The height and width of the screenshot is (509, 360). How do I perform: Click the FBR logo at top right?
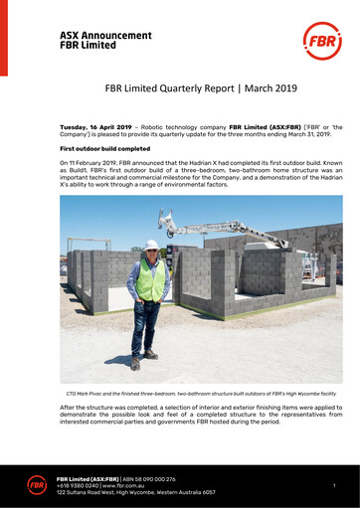click(x=321, y=42)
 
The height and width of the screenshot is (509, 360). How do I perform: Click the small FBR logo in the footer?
click(x=38, y=484)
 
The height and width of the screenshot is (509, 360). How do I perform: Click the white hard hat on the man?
click(x=151, y=244)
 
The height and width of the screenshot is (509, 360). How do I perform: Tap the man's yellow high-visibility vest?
click(x=150, y=279)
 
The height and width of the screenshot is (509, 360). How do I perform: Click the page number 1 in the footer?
click(x=335, y=485)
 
